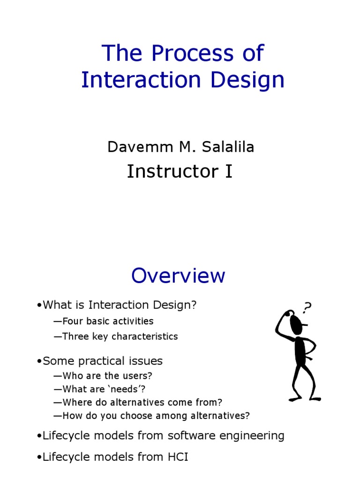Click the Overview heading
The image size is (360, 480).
178,276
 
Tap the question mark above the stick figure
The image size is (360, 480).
307,307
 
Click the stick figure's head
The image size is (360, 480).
296,324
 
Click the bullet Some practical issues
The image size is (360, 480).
102,361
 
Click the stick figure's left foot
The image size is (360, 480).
294,399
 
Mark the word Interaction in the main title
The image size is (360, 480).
142,80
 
